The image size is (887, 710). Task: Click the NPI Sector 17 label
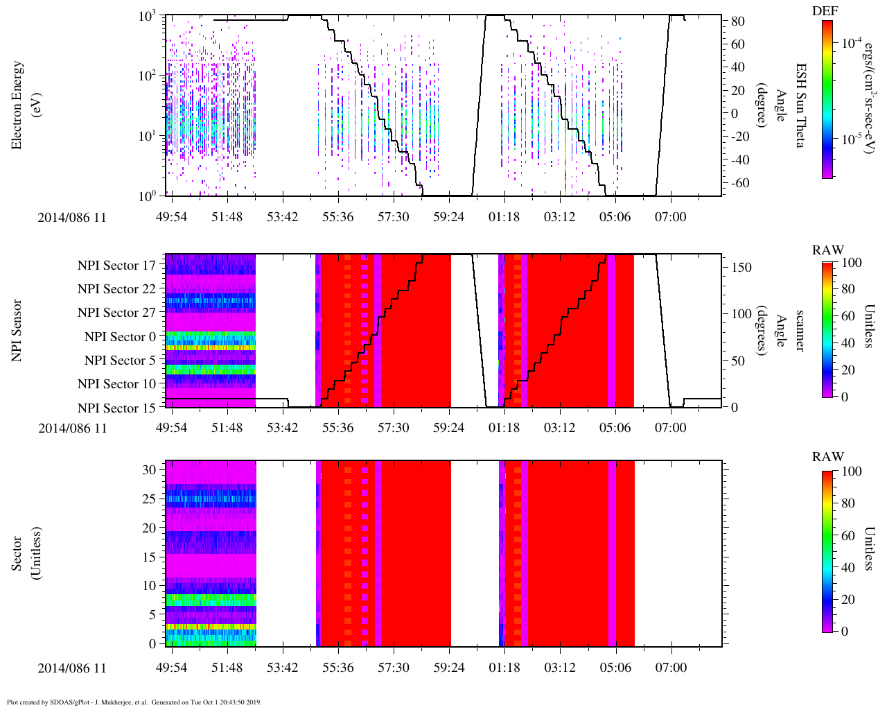pyautogui.click(x=116, y=266)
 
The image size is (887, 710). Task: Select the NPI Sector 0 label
pyautogui.click(x=120, y=337)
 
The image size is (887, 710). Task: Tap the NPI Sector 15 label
pyautogui.click(x=116, y=408)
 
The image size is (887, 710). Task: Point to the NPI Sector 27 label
pyautogui.click(x=116, y=313)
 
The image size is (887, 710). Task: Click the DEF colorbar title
pyautogui.click(x=825, y=11)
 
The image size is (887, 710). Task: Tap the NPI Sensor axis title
pyautogui.click(x=17, y=330)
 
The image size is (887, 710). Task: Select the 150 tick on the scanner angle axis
pyautogui.click(x=741, y=268)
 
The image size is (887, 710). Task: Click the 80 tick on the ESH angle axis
pyautogui.click(x=737, y=21)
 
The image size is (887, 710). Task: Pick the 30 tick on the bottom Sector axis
pyautogui.click(x=150, y=469)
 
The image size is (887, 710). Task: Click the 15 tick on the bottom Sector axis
pyautogui.click(x=150, y=557)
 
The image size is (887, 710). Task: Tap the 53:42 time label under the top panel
pyautogui.click(x=283, y=217)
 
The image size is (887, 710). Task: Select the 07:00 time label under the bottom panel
pyautogui.click(x=671, y=668)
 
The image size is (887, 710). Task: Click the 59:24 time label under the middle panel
pyautogui.click(x=449, y=428)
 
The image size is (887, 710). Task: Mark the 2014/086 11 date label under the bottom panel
pyautogui.click(x=72, y=668)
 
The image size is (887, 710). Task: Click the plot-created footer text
pyautogui.click(x=134, y=702)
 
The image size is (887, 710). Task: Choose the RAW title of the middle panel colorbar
pyautogui.click(x=828, y=250)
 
